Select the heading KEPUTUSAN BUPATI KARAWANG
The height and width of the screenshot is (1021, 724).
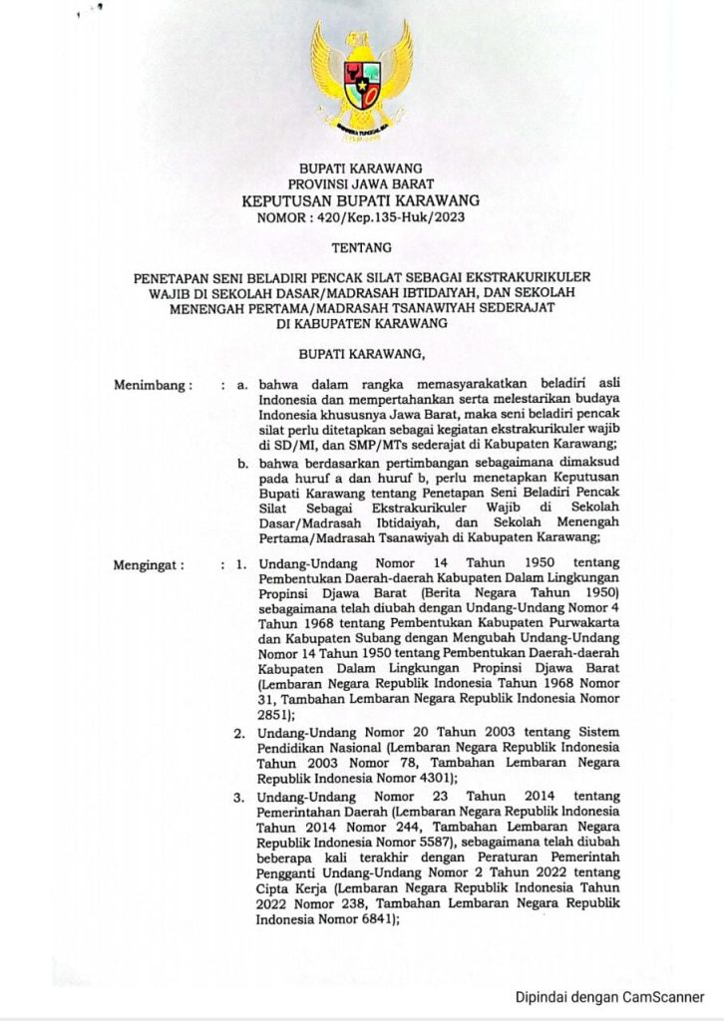pos(361,200)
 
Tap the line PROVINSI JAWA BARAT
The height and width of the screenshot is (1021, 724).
pos(361,183)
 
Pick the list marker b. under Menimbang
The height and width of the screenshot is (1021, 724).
pos(240,462)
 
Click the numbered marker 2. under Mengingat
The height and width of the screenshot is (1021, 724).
pos(240,734)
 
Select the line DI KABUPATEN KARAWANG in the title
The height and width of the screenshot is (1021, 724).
pos(361,323)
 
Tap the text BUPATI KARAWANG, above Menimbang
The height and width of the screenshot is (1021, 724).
pos(361,353)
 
